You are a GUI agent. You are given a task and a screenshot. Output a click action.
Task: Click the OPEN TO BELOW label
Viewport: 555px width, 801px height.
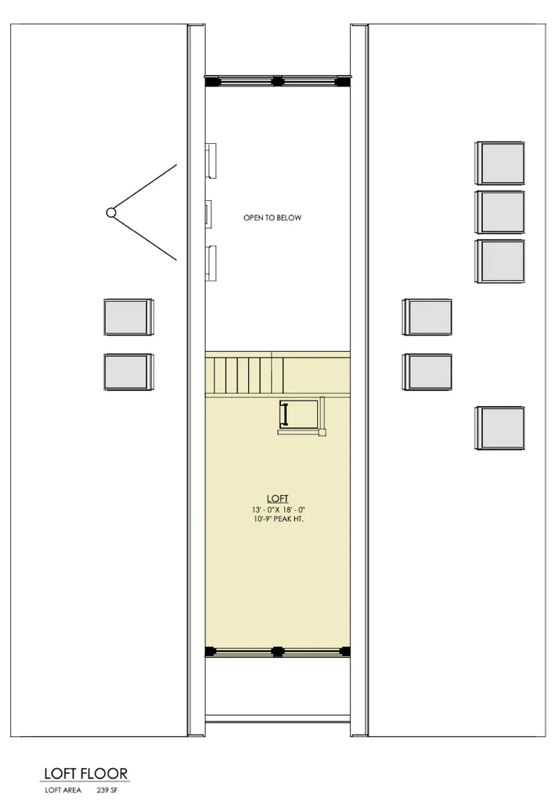click(272, 217)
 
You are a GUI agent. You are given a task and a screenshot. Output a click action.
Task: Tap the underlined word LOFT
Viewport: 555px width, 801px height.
click(277, 498)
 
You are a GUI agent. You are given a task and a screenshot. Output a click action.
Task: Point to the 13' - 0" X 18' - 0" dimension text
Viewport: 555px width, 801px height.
click(277, 510)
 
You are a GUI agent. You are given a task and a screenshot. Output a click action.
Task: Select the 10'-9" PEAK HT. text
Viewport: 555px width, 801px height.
click(277, 520)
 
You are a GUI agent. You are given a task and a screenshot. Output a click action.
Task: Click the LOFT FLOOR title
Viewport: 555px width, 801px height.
click(85, 774)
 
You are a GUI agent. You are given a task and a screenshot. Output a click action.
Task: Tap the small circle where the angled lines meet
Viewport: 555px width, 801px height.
click(111, 212)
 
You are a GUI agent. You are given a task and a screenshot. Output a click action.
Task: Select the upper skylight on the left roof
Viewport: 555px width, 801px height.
click(128, 317)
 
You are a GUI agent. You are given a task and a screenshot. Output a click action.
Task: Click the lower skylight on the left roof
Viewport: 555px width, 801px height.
click(128, 372)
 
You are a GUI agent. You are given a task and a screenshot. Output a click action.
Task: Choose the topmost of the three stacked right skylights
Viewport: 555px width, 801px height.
click(500, 163)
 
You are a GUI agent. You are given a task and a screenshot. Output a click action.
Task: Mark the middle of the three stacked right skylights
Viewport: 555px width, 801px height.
click(500, 212)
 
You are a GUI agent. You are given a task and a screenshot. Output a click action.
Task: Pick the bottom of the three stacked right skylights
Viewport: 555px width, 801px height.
click(500, 260)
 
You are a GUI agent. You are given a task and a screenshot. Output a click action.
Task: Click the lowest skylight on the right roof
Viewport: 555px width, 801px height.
click(499, 427)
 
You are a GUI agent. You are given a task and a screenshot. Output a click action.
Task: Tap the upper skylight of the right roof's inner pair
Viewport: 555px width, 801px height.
click(427, 317)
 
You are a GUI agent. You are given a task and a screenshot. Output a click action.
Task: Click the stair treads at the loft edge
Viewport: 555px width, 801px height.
click(243, 374)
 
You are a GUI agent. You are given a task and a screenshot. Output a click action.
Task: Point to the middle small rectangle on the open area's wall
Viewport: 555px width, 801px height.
click(208, 213)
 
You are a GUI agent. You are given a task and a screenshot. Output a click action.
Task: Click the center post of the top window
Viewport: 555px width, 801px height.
click(277, 80)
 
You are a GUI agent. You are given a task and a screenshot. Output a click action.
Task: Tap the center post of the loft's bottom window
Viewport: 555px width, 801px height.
click(277, 651)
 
